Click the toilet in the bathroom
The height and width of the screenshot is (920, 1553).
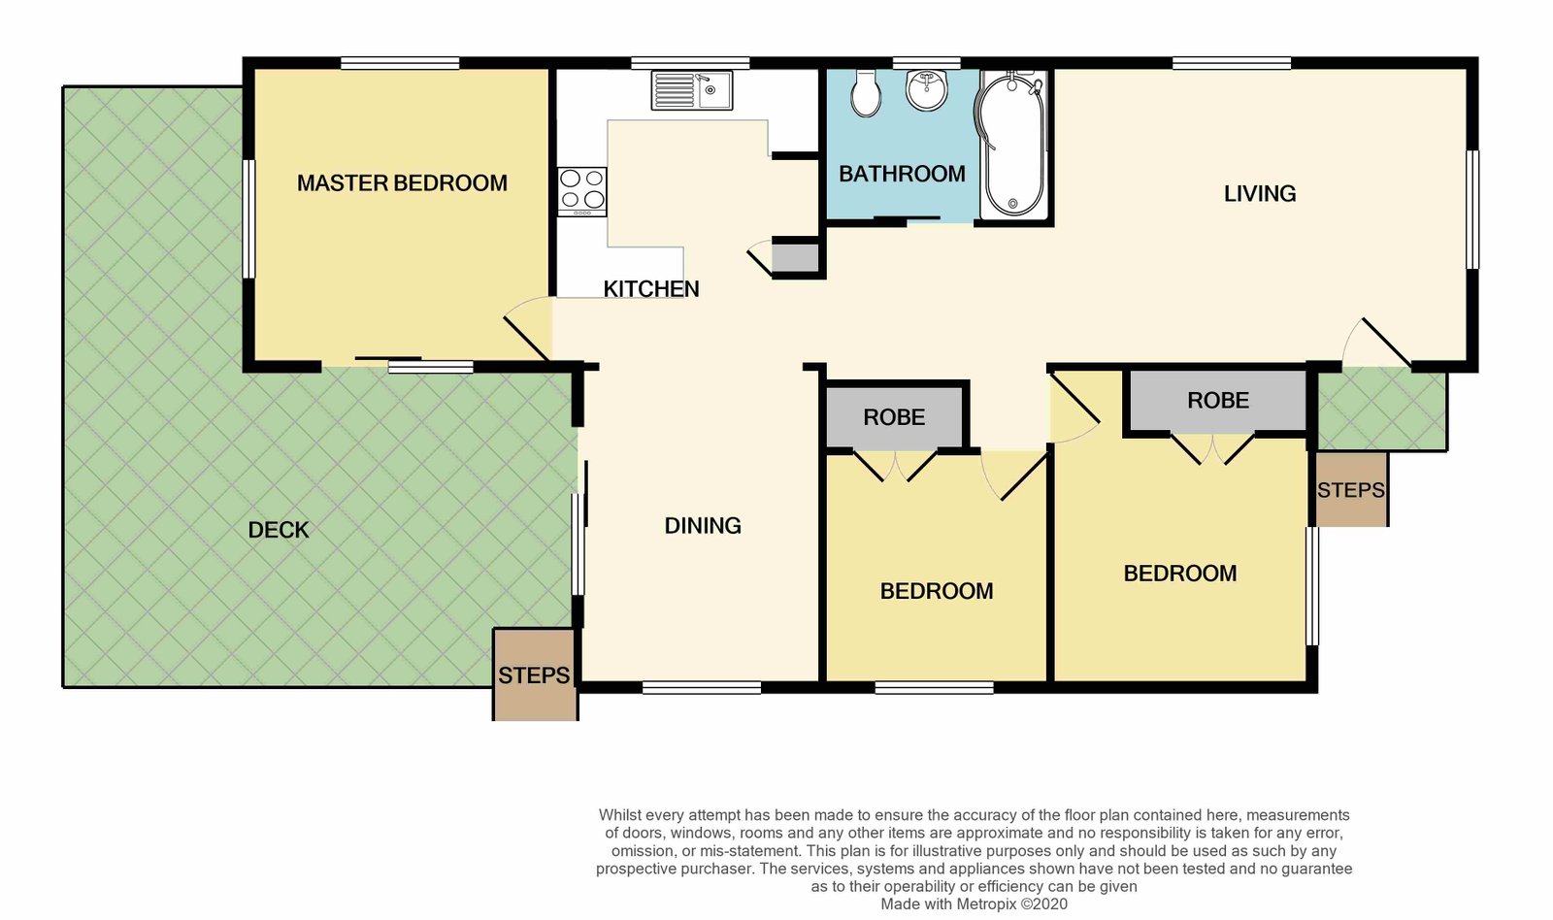[x=866, y=93]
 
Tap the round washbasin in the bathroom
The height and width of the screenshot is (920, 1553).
[x=927, y=90]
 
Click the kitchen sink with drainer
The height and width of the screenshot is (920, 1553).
[x=691, y=90]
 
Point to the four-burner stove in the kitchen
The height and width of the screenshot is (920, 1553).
[x=582, y=192]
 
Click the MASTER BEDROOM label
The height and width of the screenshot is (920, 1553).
[x=402, y=183]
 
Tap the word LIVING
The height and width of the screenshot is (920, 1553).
[x=1260, y=193]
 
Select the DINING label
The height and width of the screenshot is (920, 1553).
[x=703, y=526]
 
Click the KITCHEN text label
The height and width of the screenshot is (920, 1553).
[x=651, y=288]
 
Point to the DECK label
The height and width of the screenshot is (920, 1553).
[x=278, y=531]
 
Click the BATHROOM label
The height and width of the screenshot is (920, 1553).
[x=902, y=174]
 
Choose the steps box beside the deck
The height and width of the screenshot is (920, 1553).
[x=535, y=674]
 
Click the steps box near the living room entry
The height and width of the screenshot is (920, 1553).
[x=1350, y=489]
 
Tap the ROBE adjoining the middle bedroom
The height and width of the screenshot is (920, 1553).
[x=894, y=416]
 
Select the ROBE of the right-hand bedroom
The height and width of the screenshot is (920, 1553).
[x=1218, y=400]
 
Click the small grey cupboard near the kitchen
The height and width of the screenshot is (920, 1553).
[x=795, y=258]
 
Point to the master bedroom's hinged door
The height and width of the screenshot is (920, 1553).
[x=527, y=340]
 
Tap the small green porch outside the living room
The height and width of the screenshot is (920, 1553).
[x=1382, y=409]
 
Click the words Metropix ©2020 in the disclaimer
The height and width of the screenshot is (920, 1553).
[x=1012, y=904]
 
